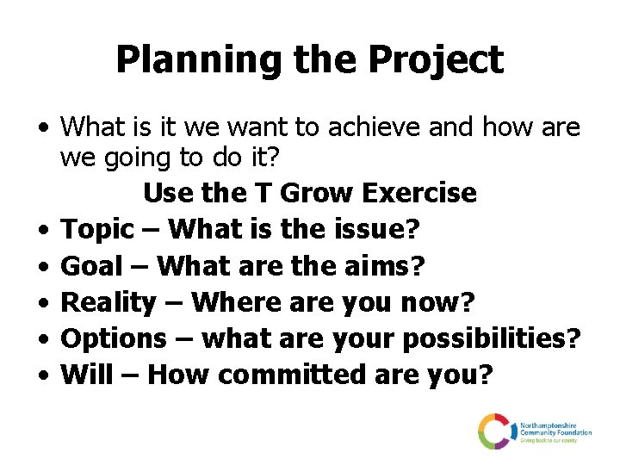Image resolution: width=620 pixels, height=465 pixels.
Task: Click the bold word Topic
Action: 99,230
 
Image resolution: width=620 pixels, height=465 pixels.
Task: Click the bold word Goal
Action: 93,266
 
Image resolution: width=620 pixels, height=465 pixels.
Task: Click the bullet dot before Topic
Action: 42,231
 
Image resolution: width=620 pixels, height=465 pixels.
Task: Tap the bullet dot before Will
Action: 42,375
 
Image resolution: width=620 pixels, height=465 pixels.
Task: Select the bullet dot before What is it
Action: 42,129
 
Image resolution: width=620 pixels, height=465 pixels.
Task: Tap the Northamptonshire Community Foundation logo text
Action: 555,431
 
